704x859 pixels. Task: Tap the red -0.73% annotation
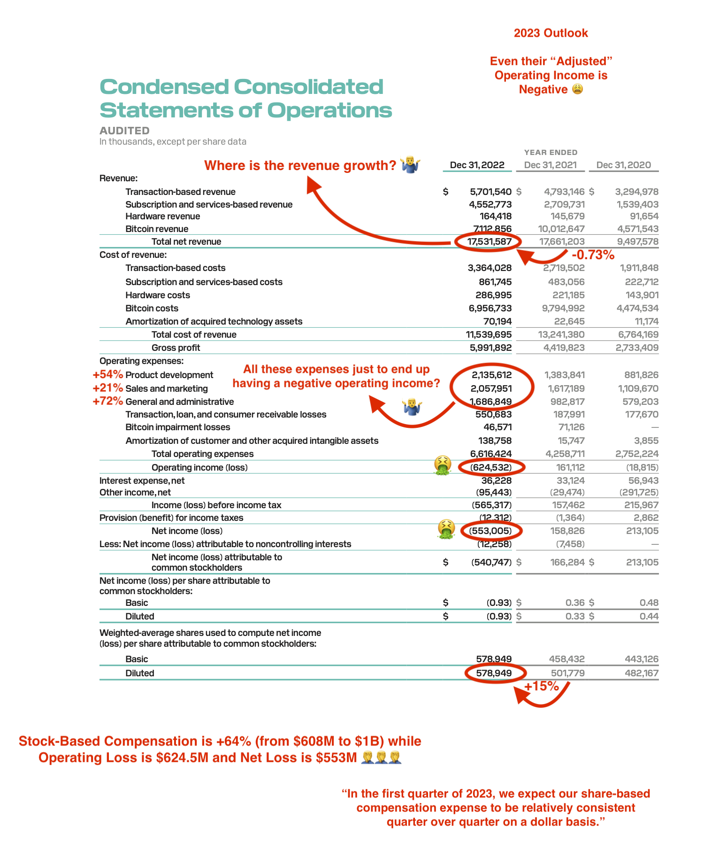[593, 255]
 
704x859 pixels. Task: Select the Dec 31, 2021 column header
[550, 165]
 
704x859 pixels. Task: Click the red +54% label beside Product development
[107, 375]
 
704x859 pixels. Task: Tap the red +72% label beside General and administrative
[107, 402]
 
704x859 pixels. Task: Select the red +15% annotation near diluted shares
[541, 687]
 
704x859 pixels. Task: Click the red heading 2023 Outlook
[551, 33]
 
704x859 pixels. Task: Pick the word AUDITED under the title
[124, 131]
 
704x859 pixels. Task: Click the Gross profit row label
[176, 348]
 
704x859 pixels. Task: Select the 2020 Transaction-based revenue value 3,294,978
[636, 192]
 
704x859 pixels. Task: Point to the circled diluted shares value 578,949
[494, 673]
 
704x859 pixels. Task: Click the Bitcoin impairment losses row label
[177, 427]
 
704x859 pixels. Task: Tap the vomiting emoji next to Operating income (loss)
[443, 465]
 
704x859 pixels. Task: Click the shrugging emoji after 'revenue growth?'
[410, 165]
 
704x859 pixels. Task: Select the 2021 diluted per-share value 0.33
[575, 616]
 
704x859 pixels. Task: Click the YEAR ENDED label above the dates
[551, 153]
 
